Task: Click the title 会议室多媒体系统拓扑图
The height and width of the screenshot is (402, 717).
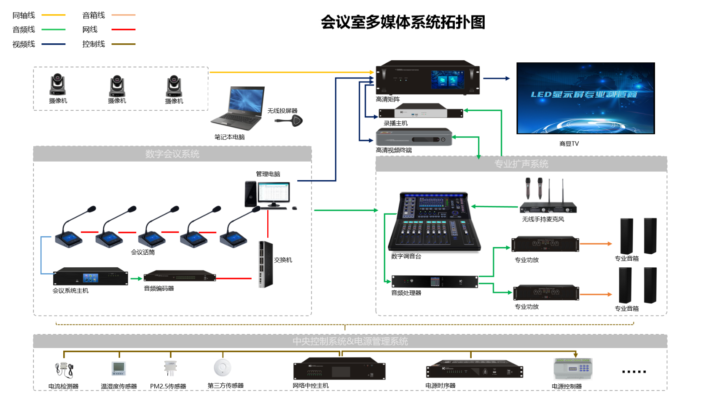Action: [x=403, y=22]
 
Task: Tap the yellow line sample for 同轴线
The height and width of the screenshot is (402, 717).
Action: [x=54, y=15]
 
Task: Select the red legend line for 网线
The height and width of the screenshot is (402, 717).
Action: [x=123, y=29]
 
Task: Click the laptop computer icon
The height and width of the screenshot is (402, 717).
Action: [x=239, y=109]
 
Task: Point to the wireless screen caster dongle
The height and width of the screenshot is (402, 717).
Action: [x=291, y=121]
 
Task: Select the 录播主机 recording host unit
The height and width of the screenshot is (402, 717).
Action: [x=421, y=112]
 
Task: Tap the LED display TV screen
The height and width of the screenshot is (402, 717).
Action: [x=585, y=98]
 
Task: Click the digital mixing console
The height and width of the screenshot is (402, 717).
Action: [x=435, y=222]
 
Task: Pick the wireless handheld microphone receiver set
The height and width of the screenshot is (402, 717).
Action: [x=547, y=197]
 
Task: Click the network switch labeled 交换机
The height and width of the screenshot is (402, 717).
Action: [x=266, y=264]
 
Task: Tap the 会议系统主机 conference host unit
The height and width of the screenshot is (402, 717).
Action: [x=91, y=277]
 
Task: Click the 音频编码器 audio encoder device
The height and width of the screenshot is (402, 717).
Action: [x=180, y=277]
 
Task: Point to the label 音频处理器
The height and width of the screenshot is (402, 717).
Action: [x=406, y=293]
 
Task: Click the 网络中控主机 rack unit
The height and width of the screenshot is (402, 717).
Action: [x=339, y=369]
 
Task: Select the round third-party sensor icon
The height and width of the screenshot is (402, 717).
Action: [x=222, y=367]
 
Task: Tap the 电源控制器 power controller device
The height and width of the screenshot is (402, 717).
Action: [x=573, y=369]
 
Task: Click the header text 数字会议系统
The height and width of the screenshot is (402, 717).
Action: [x=172, y=154]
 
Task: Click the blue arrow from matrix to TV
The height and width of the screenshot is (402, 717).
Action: [x=496, y=78]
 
